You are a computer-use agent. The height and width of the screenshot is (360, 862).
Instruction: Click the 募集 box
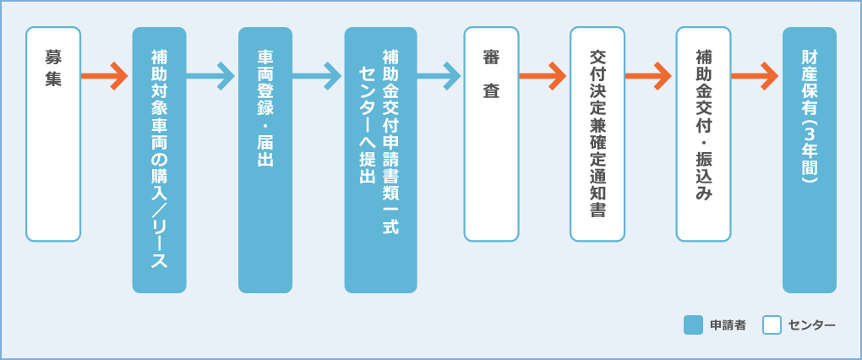[x=53, y=134]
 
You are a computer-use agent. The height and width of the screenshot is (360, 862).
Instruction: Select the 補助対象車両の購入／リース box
[x=159, y=160]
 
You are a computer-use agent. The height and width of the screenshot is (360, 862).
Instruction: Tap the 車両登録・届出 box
[x=265, y=160]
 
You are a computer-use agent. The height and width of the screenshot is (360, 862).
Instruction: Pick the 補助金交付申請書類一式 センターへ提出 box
[x=380, y=160]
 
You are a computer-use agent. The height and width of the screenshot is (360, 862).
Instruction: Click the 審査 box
[x=491, y=134]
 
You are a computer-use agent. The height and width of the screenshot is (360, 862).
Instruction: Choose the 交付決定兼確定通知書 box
[x=597, y=134]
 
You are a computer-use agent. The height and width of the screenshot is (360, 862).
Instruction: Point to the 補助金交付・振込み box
[x=703, y=134]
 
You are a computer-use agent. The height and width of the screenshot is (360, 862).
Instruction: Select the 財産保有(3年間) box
[x=810, y=160]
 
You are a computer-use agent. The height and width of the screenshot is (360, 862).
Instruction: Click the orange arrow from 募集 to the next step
[x=106, y=76]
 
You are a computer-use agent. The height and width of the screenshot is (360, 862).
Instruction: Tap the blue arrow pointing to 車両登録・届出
[x=211, y=76]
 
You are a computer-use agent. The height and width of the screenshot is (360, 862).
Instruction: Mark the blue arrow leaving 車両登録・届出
[x=318, y=76]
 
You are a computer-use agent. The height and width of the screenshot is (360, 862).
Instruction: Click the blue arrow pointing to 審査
[x=439, y=76]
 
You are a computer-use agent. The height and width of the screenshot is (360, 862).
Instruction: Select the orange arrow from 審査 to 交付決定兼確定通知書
[x=543, y=76]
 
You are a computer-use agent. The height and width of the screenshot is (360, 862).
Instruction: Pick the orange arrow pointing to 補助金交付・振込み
[x=650, y=76]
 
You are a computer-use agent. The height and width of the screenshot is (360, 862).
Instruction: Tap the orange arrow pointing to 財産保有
[x=756, y=76]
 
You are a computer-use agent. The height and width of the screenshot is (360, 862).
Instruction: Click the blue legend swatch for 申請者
[x=693, y=325]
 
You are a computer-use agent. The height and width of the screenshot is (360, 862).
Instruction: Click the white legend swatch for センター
[x=772, y=325]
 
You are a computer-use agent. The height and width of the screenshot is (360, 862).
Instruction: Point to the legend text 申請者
[x=728, y=325]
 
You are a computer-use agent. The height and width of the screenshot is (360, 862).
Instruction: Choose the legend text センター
[x=811, y=325]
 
